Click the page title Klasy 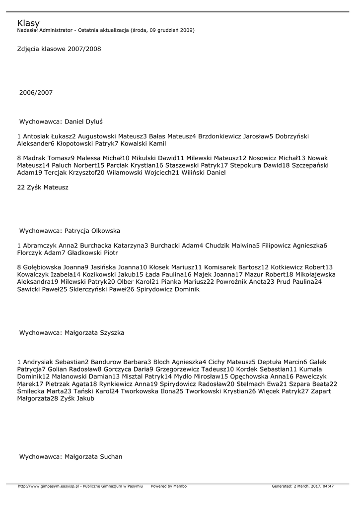(28, 23)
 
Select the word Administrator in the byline (60, 30)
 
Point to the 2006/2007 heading (36, 93)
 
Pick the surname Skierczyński (89, 289)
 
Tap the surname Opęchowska (250, 377)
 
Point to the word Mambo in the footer (180, 486)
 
